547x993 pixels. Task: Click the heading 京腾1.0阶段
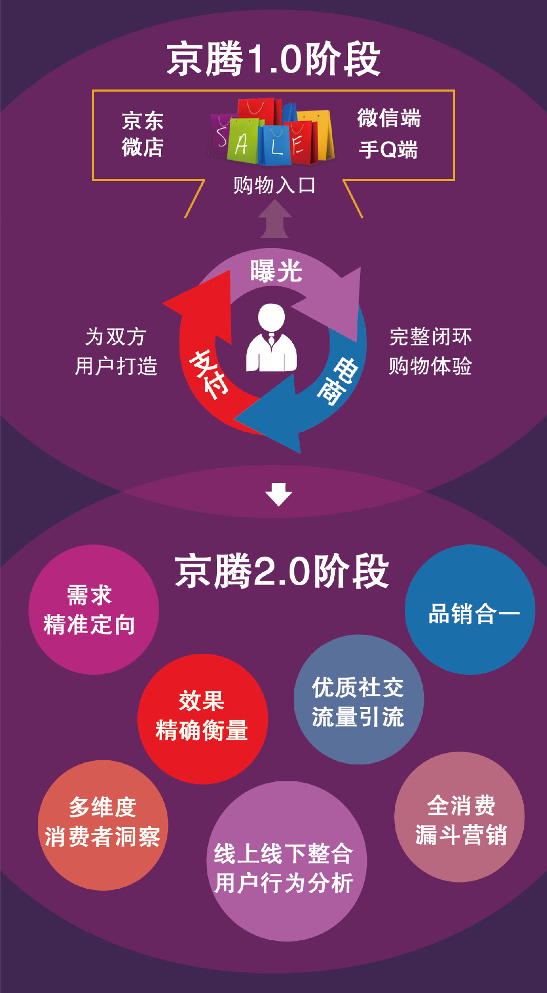273,59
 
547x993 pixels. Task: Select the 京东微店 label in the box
143,134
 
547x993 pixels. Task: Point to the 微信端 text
389,118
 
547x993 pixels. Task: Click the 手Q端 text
389,150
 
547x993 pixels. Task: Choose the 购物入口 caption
274,185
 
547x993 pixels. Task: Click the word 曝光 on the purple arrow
276,272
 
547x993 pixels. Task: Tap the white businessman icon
272,339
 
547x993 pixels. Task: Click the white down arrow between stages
279,494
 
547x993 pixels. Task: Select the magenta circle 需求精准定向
94,610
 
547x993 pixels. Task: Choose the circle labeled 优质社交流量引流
359,700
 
